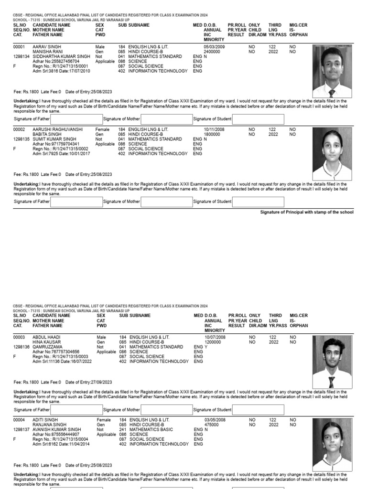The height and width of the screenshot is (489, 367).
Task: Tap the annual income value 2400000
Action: click(212, 52)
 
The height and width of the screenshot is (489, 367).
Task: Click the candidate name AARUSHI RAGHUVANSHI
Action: click(57, 129)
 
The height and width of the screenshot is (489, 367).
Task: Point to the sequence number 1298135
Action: click(22, 139)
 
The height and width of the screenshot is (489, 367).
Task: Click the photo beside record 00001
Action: click(332, 71)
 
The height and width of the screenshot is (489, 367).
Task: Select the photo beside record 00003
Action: click(332, 361)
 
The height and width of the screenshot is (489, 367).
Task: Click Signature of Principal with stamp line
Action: click(306, 212)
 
